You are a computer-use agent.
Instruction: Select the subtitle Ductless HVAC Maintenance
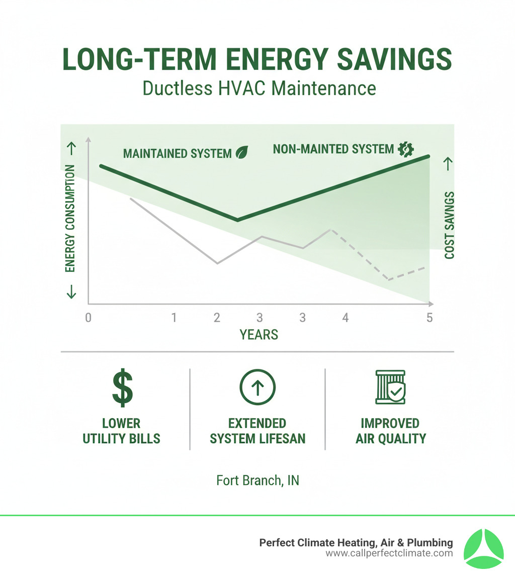(x=259, y=88)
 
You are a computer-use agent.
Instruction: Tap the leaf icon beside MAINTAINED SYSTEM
(x=242, y=152)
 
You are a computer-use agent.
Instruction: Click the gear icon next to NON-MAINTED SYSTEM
(x=405, y=149)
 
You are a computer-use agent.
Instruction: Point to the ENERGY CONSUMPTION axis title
(x=70, y=218)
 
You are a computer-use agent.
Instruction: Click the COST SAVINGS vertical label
(x=449, y=225)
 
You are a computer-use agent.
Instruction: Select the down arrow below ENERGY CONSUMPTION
(x=71, y=292)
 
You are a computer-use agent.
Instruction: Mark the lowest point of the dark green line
(x=237, y=220)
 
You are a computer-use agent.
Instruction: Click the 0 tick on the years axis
(x=89, y=318)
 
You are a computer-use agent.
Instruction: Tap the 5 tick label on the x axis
(x=429, y=318)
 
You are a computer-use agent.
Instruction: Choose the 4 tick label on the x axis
(x=345, y=318)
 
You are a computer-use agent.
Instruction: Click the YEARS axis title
(x=259, y=335)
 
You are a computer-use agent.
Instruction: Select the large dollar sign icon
(x=122, y=388)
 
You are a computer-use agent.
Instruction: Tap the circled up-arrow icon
(x=257, y=388)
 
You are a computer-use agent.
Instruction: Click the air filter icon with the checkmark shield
(x=390, y=388)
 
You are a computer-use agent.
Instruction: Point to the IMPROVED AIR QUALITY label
(x=390, y=431)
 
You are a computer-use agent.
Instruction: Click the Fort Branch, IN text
(x=257, y=480)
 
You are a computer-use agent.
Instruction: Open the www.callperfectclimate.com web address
(x=389, y=553)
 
